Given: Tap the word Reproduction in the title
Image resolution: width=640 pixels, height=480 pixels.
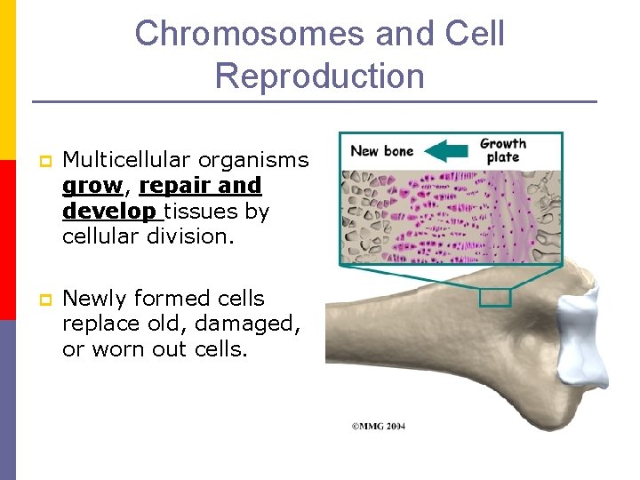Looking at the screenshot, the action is (x=319, y=76).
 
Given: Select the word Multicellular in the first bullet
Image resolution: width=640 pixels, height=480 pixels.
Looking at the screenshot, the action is (x=126, y=160).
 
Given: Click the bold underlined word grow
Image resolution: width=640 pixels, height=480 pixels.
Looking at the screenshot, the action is (x=92, y=186).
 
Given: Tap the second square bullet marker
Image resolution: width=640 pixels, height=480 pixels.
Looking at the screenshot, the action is (x=41, y=300).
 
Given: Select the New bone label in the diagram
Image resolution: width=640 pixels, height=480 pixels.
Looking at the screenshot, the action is (x=382, y=150).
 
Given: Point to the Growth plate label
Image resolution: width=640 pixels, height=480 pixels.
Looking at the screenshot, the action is (x=503, y=150).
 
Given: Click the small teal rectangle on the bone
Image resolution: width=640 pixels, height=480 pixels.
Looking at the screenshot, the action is (x=495, y=298).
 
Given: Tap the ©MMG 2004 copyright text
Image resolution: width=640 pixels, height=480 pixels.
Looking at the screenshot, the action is (x=380, y=426).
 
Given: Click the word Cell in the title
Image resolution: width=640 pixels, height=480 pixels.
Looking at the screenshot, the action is (x=475, y=34).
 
